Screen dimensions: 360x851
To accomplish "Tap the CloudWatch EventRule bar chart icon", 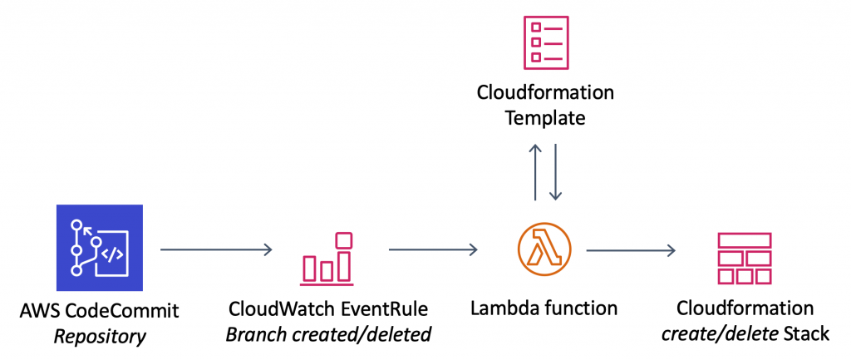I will (x=327, y=257).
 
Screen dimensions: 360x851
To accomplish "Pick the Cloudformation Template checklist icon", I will (x=546, y=41).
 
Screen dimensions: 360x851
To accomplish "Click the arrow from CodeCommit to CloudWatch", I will (x=215, y=249).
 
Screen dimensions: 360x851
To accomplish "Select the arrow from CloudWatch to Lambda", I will (x=432, y=249).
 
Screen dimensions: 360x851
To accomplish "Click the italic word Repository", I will (x=99, y=336).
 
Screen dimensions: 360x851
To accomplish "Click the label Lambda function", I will (x=544, y=308).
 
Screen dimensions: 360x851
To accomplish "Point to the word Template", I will (x=545, y=117).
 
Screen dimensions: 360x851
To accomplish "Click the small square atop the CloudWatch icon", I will (x=342, y=240).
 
